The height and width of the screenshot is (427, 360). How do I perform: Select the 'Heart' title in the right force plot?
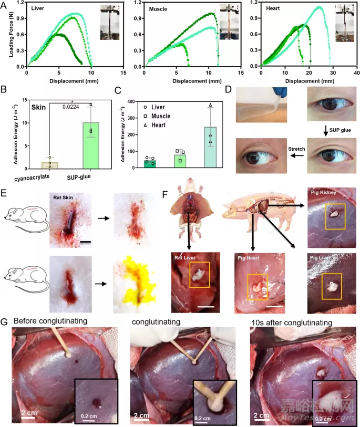click(x=273, y=9)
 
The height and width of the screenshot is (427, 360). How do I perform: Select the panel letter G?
click(x=5, y=321)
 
